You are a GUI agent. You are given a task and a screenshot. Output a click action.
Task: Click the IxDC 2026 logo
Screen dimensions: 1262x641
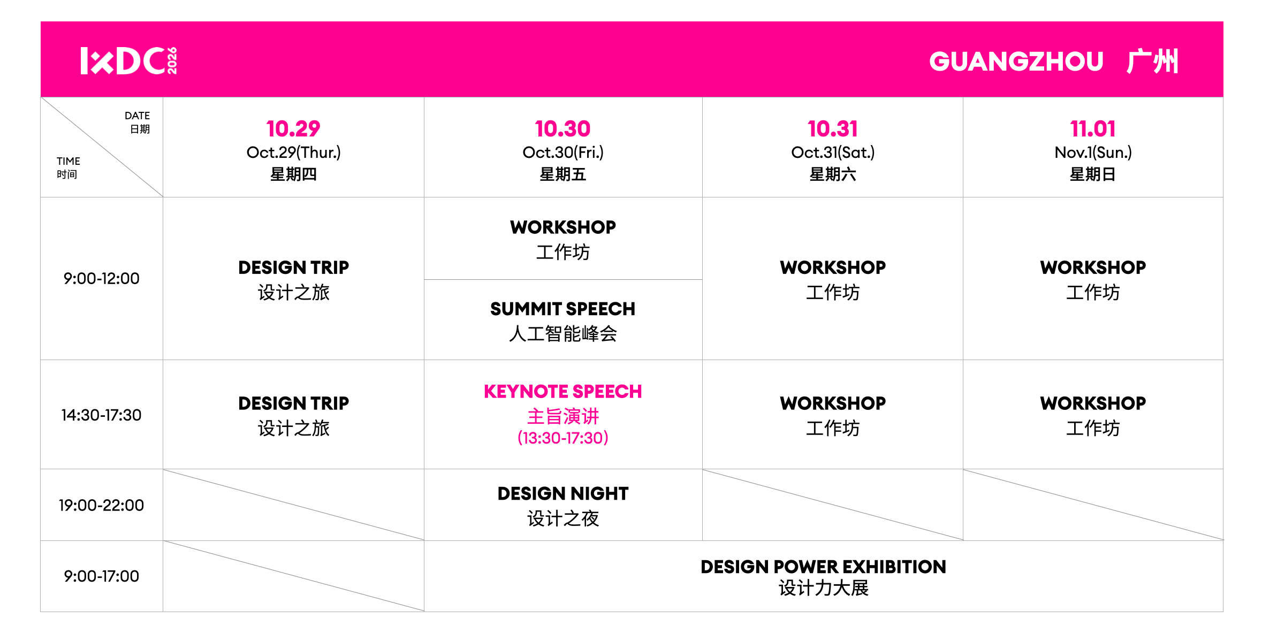(129, 60)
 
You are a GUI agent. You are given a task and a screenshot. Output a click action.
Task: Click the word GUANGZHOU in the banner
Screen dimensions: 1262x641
(1016, 61)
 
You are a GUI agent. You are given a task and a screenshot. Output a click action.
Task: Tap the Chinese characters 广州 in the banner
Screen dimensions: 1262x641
(1152, 61)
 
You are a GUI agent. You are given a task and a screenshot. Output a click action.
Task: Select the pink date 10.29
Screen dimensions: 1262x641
(293, 128)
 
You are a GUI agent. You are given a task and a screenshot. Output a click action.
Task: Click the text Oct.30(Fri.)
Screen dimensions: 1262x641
(563, 152)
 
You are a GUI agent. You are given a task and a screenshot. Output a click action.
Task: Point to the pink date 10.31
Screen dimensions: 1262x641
(833, 128)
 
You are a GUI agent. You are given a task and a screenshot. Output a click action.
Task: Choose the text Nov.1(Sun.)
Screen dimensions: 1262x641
(1093, 152)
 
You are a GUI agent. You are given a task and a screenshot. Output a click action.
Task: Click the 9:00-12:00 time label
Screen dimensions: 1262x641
(101, 278)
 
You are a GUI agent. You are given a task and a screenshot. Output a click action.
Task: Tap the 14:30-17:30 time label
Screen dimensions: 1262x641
(101, 415)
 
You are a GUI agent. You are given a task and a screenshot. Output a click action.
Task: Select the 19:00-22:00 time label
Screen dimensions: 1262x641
(101, 505)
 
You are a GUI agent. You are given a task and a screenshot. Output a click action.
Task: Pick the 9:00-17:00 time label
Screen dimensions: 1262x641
(101, 576)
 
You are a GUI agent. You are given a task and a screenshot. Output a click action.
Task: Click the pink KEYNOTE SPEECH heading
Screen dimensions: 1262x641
(563, 391)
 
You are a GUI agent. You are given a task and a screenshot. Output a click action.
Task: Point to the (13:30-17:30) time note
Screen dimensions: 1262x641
(563, 438)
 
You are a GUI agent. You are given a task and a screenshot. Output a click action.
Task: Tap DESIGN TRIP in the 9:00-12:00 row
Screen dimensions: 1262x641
(293, 267)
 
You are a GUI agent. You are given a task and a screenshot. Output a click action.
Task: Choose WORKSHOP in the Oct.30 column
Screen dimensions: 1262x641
(563, 227)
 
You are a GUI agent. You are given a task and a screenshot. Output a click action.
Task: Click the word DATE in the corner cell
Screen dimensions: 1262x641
(137, 116)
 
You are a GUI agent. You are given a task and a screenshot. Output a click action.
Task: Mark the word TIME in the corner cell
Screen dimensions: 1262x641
(69, 161)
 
